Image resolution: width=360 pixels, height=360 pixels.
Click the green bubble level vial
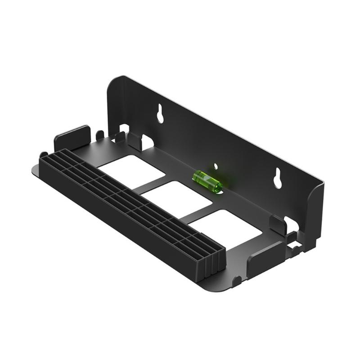pyautogui.click(x=207, y=181)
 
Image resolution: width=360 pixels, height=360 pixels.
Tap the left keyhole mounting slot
pyautogui.click(x=161, y=114)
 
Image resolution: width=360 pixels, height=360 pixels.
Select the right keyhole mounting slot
pyautogui.click(x=278, y=178)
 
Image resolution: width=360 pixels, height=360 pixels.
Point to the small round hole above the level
pyautogui.click(x=216, y=166)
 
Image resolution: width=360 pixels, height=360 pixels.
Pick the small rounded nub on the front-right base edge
pyautogui.click(x=237, y=282)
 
